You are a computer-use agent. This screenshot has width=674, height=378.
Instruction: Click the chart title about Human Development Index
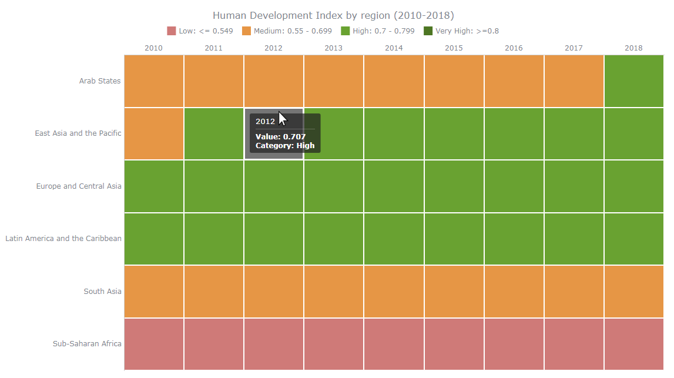(x=333, y=15)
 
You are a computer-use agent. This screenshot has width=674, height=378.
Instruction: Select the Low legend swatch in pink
(x=172, y=31)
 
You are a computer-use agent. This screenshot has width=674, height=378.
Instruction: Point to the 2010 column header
(x=153, y=48)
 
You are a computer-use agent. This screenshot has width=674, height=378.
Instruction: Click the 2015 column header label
(x=454, y=48)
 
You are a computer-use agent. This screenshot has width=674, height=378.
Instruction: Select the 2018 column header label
(x=633, y=48)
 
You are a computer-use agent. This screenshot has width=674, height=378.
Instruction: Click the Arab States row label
(x=100, y=81)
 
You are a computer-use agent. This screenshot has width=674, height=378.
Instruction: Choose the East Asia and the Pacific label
(x=78, y=133)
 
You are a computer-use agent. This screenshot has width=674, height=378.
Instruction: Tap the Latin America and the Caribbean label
(x=63, y=239)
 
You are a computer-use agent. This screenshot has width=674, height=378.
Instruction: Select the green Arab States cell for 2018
(x=633, y=81)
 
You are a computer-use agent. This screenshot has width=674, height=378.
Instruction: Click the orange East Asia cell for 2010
(x=153, y=133)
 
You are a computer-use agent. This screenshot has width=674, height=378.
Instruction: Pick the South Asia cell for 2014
(x=394, y=292)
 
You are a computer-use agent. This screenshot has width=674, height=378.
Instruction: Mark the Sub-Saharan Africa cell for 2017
(x=574, y=344)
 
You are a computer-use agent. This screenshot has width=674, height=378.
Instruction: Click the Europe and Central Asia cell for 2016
(x=514, y=186)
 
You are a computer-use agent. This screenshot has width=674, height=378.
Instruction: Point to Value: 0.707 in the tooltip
(x=280, y=137)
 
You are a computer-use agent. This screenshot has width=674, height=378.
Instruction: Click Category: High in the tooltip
(x=285, y=146)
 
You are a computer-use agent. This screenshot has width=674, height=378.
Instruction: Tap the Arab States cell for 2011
(x=214, y=81)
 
